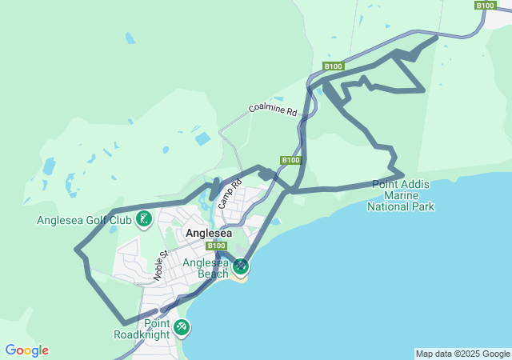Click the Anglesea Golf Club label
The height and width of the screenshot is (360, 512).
pos(84,220)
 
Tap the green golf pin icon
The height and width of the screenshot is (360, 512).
pos(144,218)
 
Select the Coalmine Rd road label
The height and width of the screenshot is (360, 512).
pos(273,110)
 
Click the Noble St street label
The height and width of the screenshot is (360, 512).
pos(159,266)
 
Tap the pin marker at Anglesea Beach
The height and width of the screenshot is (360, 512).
pos(241,266)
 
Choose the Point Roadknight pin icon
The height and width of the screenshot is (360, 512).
pos(182,326)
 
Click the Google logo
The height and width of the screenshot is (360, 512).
pos(26,350)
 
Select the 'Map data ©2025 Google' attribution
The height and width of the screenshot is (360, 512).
pos(462,354)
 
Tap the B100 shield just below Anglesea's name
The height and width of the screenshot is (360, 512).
pos(216,246)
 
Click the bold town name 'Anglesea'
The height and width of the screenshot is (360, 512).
pos(209,233)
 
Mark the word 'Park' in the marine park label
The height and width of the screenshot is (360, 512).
pos(423,206)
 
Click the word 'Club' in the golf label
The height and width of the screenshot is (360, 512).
pos(120,220)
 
